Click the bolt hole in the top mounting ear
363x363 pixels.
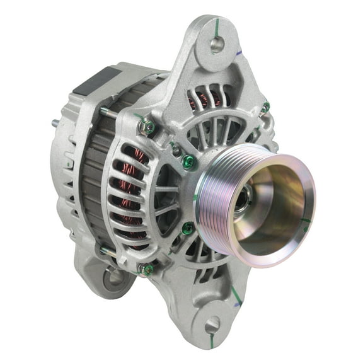[x=217, y=44]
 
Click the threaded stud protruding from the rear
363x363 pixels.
[x=55, y=123]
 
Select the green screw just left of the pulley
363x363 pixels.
[x=189, y=162]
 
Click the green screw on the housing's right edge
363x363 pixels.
[x=265, y=107]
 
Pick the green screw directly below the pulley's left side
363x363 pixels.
[x=187, y=228]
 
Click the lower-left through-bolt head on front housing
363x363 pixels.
[x=146, y=269]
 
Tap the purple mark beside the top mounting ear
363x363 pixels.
[x=242, y=54]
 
